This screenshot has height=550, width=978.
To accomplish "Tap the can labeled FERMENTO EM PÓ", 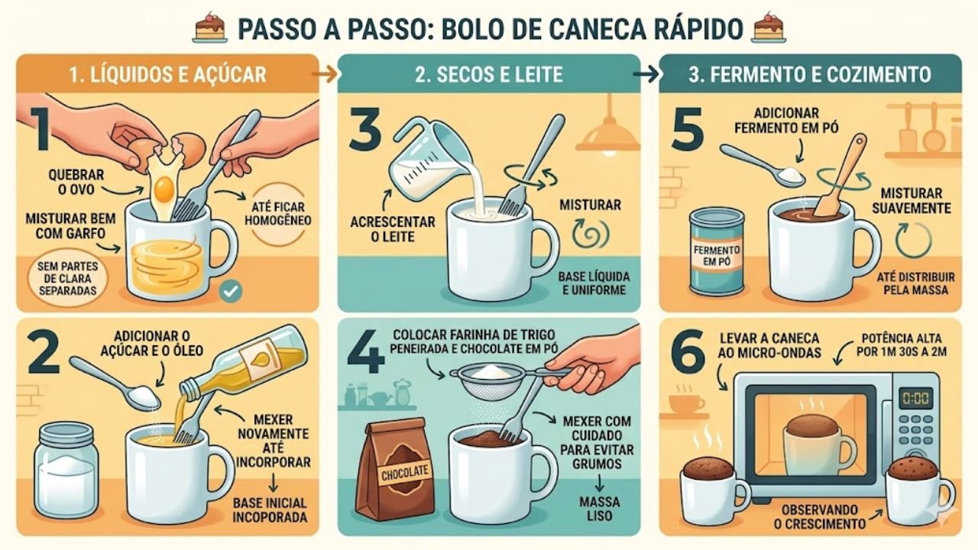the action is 717,252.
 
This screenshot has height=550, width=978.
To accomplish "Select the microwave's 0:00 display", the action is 915,398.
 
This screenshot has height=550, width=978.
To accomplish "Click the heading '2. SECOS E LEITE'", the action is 488,75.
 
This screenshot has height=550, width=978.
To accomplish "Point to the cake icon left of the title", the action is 210,27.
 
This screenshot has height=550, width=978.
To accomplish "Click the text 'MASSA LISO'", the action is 600,509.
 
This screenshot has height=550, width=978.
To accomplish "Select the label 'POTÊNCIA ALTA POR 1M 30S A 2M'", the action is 902,345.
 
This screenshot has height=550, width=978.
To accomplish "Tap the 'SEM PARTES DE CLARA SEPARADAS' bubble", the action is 68,279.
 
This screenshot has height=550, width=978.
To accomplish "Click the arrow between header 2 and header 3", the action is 646,74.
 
